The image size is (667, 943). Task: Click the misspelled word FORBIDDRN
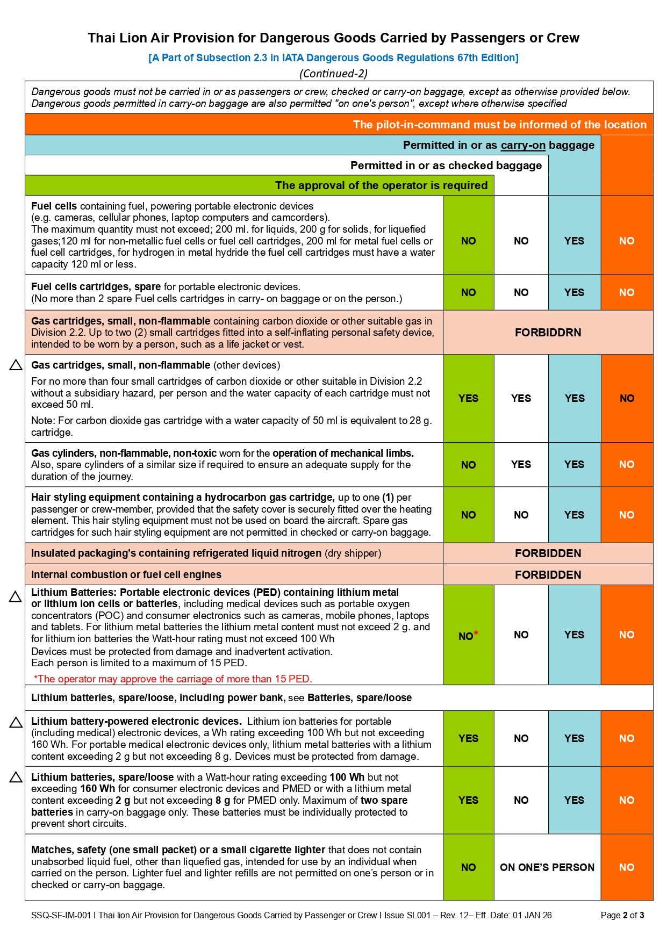pos(548,333)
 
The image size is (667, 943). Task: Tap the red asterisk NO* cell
pos(468,636)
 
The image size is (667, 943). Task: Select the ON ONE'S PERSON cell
pos(547,867)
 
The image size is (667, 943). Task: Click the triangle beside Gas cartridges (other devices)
pos(16,365)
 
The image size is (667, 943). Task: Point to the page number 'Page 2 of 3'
pos(622,915)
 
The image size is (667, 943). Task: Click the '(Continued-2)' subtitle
pos(333,74)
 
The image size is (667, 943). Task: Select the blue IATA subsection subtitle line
pos(333,57)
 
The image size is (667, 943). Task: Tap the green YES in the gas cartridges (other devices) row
pos(468,398)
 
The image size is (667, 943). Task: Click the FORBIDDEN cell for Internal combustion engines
pos(548,574)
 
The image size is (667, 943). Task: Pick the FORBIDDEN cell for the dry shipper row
pos(548,553)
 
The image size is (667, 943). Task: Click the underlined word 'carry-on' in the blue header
pos(522,145)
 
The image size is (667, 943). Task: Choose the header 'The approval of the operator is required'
pos(381,185)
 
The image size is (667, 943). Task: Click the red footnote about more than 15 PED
pos(173,679)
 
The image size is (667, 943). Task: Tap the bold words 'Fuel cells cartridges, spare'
pos(96,287)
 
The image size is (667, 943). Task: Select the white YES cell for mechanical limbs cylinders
pos(521,464)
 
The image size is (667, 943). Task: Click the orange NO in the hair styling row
pos(627,515)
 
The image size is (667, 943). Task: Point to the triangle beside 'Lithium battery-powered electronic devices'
pos(16,722)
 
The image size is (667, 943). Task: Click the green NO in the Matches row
pos(468,867)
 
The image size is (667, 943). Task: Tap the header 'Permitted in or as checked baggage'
pos(446,165)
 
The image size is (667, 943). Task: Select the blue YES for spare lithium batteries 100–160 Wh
pos(574,800)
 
